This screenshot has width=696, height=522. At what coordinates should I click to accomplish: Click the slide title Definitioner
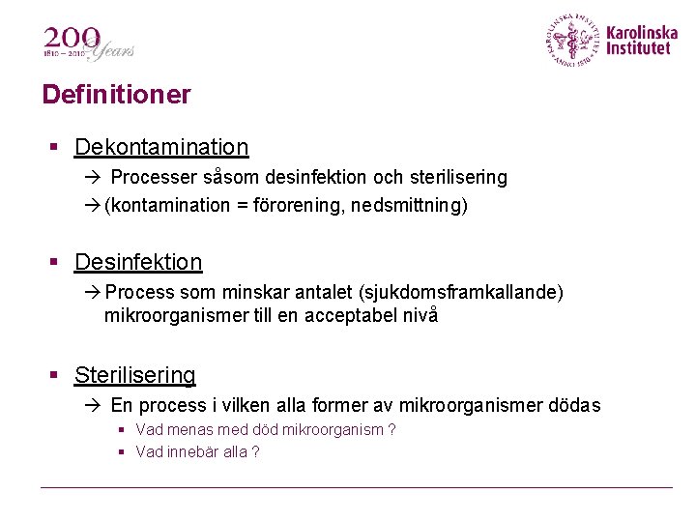[x=116, y=95]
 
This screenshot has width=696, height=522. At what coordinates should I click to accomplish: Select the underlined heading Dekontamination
[x=161, y=147]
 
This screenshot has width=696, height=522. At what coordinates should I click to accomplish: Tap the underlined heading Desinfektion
[x=138, y=262]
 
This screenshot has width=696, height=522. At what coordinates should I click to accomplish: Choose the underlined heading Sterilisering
[x=135, y=375]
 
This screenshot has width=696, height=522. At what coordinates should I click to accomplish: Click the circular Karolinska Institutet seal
[x=574, y=40]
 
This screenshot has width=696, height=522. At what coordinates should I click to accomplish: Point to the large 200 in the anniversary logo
[x=70, y=39]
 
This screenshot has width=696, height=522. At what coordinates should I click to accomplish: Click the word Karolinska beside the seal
[x=642, y=33]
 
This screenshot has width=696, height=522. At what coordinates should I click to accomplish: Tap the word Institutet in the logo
[x=638, y=48]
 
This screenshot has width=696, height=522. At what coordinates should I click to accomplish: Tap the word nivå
[x=417, y=315]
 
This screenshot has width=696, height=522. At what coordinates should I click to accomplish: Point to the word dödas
[x=574, y=405]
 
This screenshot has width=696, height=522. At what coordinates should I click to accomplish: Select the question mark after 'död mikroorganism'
[x=391, y=430]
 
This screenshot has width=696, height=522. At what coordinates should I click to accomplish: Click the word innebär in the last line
[x=192, y=452]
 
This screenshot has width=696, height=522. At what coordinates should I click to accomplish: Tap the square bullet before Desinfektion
[x=56, y=263]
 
